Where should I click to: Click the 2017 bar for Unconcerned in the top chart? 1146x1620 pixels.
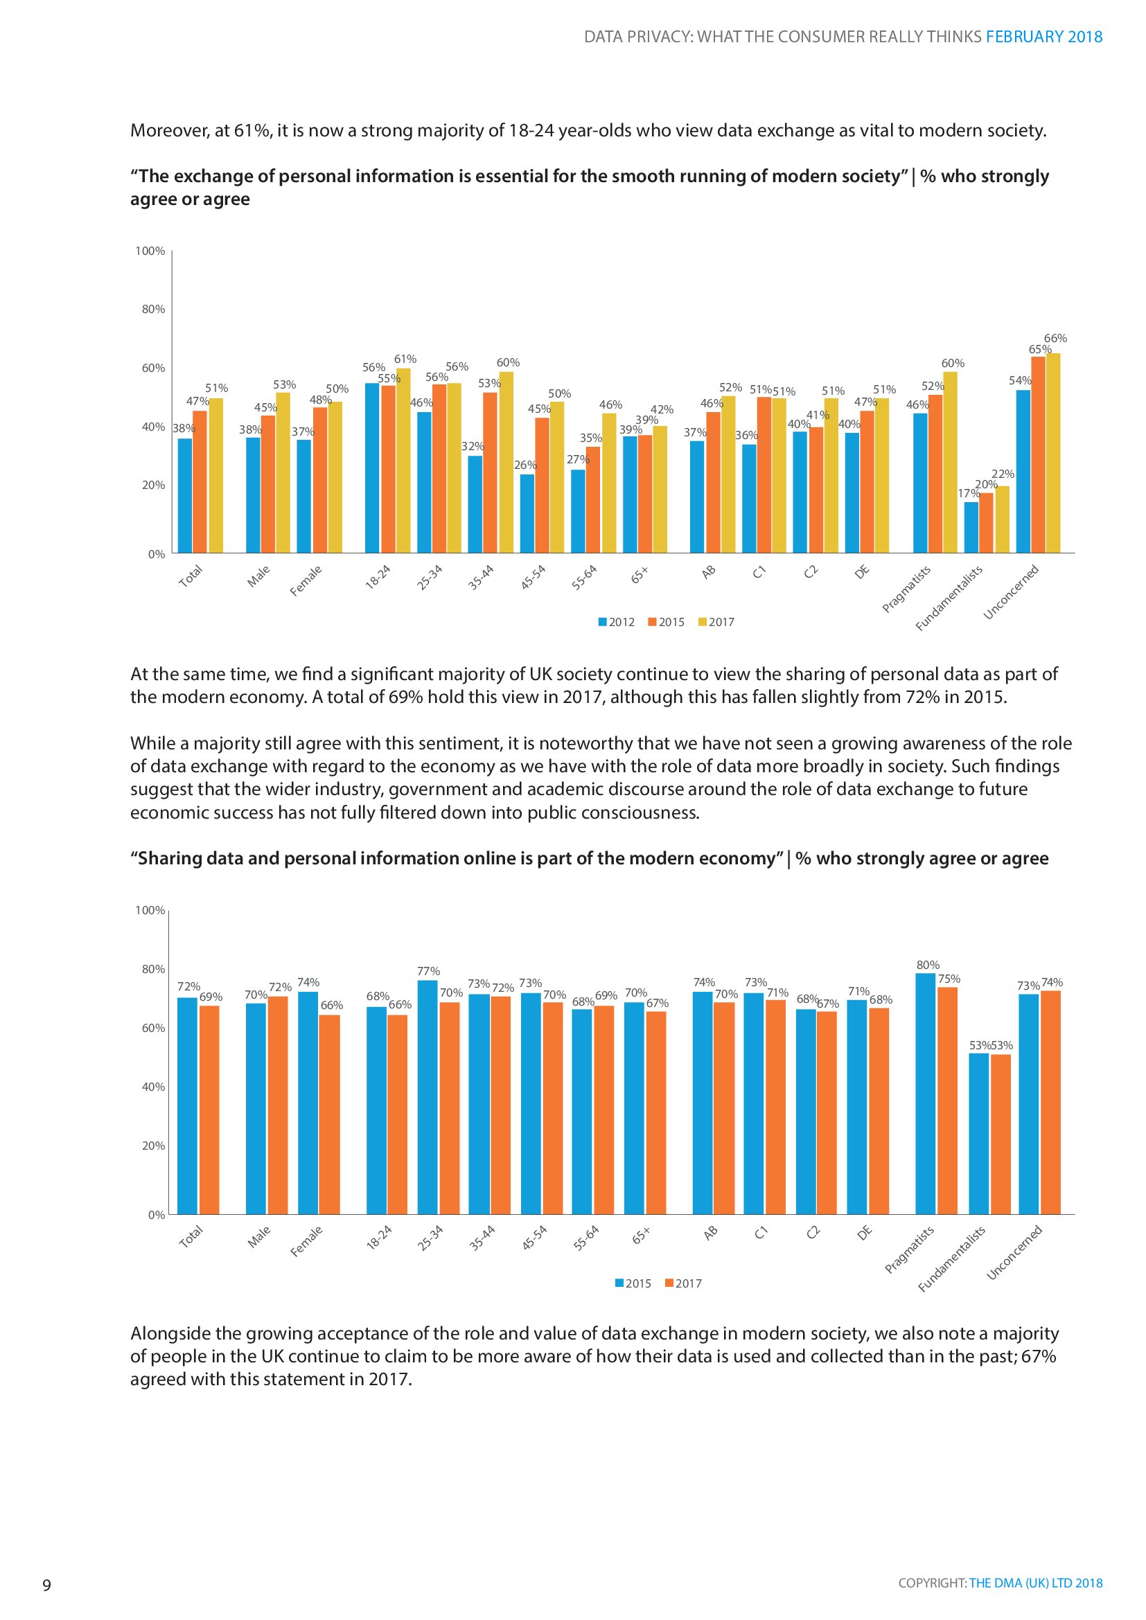1053,453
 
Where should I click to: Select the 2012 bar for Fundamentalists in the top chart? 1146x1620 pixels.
971,527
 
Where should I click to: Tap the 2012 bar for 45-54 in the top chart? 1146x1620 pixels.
527,514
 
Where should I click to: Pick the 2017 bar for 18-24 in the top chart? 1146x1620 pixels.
403,461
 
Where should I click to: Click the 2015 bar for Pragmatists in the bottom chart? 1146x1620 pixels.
925,1094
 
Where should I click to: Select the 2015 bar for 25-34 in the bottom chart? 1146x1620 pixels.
427,1097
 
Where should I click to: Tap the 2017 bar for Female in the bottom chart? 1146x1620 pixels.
330,1115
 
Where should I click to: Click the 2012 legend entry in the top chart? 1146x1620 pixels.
617,621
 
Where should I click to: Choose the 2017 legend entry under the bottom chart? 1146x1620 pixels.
684,1283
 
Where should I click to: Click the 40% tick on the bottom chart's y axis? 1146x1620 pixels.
153,1087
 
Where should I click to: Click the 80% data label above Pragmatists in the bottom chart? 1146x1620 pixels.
928,965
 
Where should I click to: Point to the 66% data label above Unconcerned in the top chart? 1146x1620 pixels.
1056,338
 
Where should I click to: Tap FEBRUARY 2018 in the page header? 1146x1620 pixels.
1044,37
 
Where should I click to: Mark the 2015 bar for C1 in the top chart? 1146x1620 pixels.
764,475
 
